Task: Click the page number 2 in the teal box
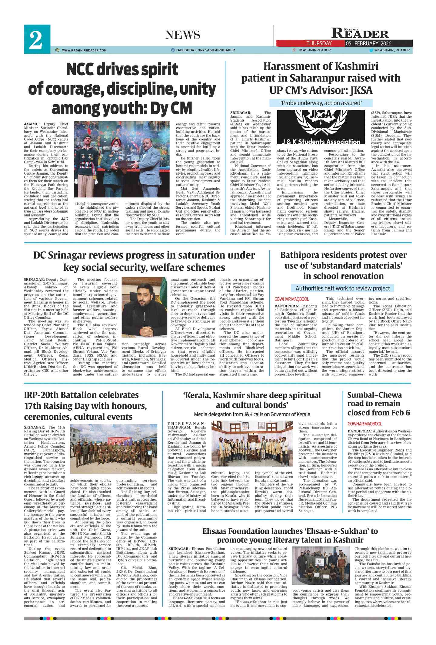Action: pos(36,40)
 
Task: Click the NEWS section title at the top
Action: pos(183,35)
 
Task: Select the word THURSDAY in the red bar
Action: pos(319,43)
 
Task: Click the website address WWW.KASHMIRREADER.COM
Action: pos(84,50)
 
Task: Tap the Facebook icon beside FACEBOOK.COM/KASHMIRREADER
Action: pos(173,50)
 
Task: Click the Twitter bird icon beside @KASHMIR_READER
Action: pos(371,50)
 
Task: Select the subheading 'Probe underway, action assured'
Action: pos(321,103)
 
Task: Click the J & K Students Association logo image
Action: pos(321,128)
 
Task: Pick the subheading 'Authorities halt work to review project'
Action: pos(343,288)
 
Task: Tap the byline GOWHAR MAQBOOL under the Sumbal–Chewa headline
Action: pos(365,424)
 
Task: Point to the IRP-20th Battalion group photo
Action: pos(114,449)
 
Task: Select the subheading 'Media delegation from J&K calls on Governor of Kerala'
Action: pos(252,414)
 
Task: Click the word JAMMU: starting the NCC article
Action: pos(32,124)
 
